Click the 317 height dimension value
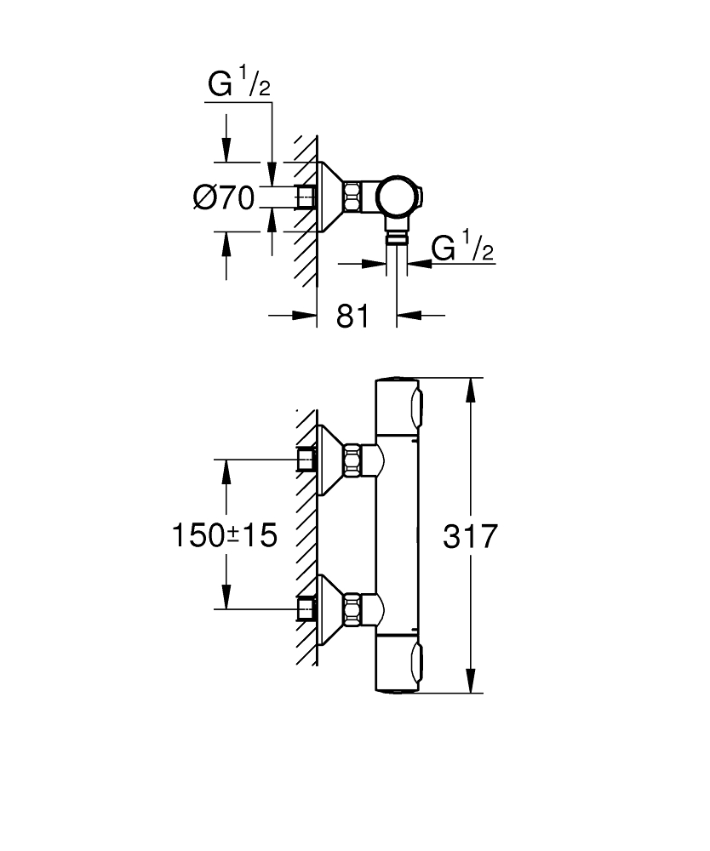tap(471, 536)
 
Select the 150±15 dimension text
tap(225, 536)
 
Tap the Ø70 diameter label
tap(224, 198)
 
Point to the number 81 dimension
tap(352, 316)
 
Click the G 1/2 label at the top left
tap(239, 85)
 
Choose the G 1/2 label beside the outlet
tap(462, 248)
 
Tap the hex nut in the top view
tap(354, 197)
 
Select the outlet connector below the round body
tap(397, 234)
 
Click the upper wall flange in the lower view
tap(329, 461)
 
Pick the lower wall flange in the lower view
tap(329, 609)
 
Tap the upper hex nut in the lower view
tap(353, 461)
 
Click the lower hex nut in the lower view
tap(353, 609)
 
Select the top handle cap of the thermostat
tap(398, 406)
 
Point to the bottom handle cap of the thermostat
tap(398, 666)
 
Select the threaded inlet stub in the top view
tap(305, 197)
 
